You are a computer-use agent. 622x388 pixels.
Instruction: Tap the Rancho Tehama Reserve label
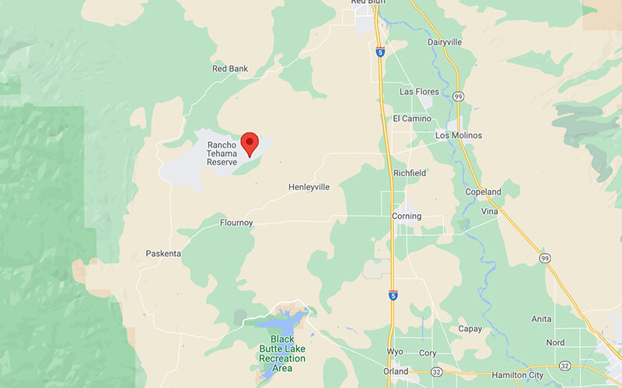coord(226,153)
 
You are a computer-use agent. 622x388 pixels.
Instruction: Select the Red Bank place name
coord(230,69)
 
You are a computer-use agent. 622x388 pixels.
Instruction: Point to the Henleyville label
coord(309,187)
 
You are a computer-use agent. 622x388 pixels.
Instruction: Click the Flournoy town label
coord(236,223)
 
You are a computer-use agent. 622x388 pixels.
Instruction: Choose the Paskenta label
coord(163,254)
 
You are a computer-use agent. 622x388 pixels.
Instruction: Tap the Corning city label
coord(407,217)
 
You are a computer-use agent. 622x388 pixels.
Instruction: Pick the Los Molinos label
coord(459,136)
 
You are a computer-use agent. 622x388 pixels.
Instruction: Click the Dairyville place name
coord(446,42)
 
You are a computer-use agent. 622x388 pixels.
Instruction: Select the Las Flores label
coord(420,92)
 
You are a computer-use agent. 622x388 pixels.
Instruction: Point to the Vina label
coord(490,211)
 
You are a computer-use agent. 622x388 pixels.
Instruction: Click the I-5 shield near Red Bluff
coord(379,52)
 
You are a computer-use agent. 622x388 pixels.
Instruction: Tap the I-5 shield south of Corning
coord(393,296)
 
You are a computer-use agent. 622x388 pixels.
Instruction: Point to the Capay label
coord(470,328)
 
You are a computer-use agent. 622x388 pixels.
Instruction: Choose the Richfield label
coord(410,172)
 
